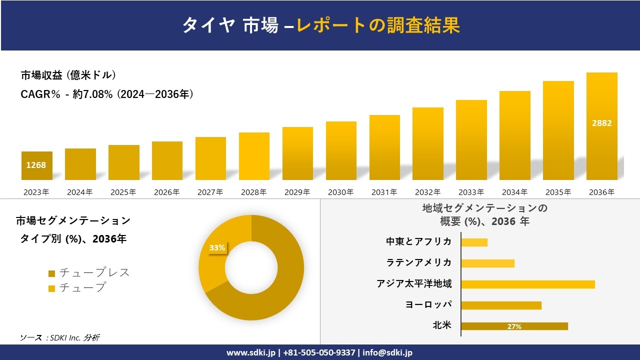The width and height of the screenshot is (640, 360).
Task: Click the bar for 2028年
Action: coord(254,156)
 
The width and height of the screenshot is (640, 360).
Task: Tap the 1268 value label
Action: coord(36,165)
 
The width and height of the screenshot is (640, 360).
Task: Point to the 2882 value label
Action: coord(601,123)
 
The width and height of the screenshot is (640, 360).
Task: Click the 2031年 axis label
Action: coord(384,192)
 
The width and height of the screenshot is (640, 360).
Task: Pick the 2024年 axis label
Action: coord(80,192)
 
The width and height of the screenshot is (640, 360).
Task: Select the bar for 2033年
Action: coord(471,140)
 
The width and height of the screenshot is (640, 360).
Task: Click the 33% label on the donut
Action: coord(217,248)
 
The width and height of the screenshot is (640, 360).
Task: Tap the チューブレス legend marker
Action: coord(51,273)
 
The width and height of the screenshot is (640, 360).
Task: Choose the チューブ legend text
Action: coord(82,287)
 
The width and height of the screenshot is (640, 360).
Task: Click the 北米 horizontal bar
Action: coord(514,326)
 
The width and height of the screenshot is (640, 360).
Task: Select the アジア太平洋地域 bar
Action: coord(527,284)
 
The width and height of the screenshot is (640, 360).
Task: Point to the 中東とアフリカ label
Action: coord(418,242)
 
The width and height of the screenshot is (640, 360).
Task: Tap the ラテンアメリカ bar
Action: coord(487,263)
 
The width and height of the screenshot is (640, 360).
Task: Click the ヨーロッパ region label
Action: coord(428,305)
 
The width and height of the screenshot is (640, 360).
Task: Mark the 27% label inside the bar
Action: coord(514,326)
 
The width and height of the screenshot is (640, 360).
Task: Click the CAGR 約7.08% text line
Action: coord(107,94)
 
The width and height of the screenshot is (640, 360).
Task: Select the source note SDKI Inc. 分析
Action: coord(59,338)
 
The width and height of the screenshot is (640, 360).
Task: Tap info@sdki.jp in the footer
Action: coord(387,352)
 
